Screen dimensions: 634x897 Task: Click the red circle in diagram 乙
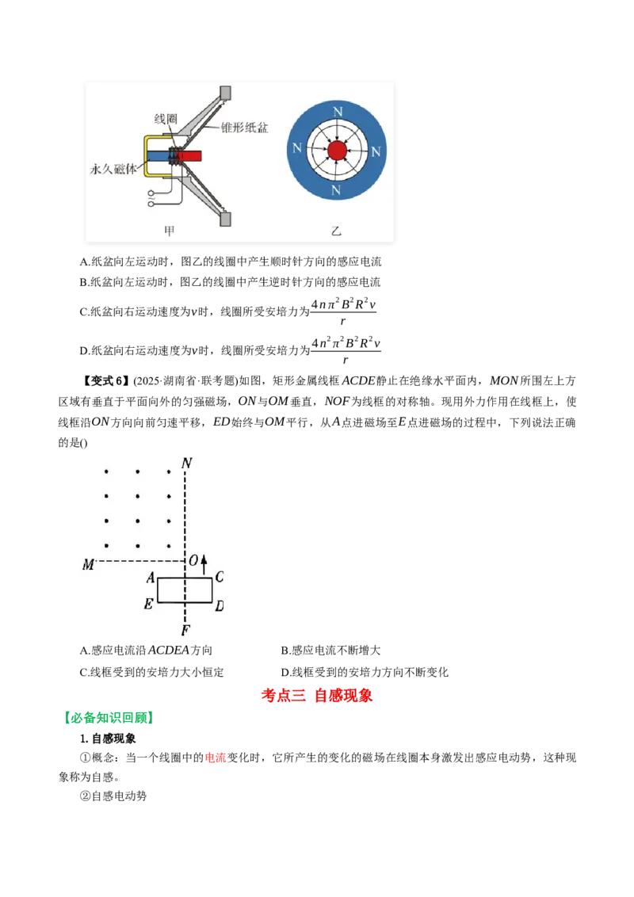pyautogui.click(x=337, y=151)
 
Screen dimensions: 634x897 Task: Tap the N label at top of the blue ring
pyautogui.click(x=338, y=112)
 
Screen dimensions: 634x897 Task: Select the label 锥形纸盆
pyautogui.click(x=245, y=128)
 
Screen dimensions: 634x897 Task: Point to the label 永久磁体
pyautogui.click(x=114, y=169)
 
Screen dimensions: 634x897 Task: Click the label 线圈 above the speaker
pyautogui.click(x=166, y=119)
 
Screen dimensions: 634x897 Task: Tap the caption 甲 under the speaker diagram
pyautogui.click(x=170, y=231)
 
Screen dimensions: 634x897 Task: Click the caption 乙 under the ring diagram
pyautogui.click(x=336, y=231)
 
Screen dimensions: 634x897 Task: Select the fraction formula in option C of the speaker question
pyautogui.click(x=343, y=311)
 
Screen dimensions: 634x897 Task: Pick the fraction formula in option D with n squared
pyautogui.click(x=346, y=350)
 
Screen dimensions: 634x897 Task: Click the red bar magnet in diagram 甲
pyautogui.click(x=193, y=155)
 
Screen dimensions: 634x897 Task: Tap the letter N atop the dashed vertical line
pyautogui.click(x=186, y=463)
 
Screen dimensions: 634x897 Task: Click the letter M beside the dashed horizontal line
pyautogui.click(x=88, y=565)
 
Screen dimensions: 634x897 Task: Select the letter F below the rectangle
pyautogui.click(x=185, y=631)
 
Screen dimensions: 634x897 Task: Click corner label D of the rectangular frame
pyautogui.click(x=220, y=605)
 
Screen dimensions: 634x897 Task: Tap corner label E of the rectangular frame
pyautogui.click(x=148, y=604)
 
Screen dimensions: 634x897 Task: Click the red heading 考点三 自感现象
pyautogui.click(x=317, y=695)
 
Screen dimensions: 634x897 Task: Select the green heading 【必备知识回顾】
pyautogui.click(x=108, y=717)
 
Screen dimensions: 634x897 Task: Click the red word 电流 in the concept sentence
pyautogui.click(x=216, y=758)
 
